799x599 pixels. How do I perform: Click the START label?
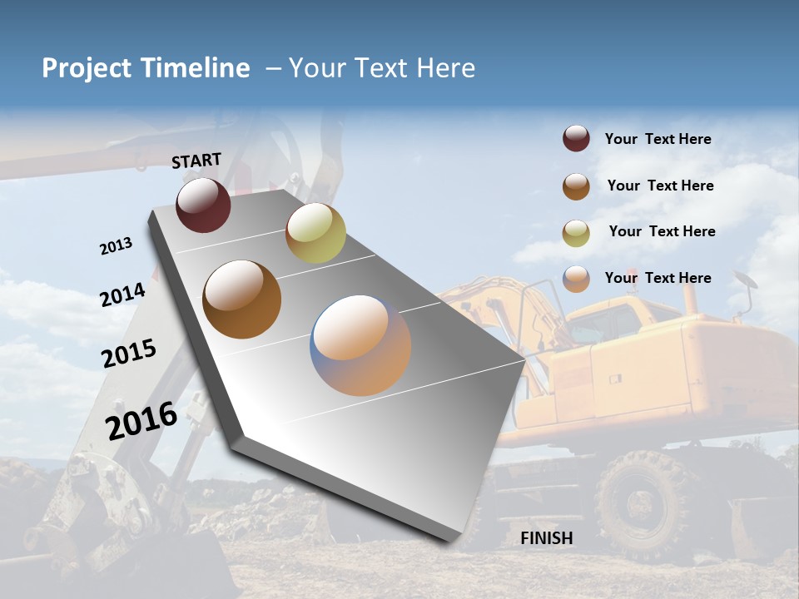pyautogui.click(x=196, y=161)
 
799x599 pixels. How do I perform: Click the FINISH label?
pyautogui.click(x=547, y=538)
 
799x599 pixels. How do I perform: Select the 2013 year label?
pyautogui.click(x=117, y=246)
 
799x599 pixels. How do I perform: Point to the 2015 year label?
pyautogui.click(x=129, y=354)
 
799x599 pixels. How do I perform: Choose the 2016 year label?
pyautogui.click(x=141, y=421)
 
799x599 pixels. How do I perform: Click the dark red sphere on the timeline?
pyautogui.click(x=203, y=205)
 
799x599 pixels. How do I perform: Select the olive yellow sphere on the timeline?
pyautogui.click(x=315, y=233)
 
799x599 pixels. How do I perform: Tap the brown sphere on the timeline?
pyautogui.click(x=242, y=299)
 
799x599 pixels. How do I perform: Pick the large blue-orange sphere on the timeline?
pyautogui.click(x=360, y=345)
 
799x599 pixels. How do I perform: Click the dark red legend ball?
pyautogui.click(x=576, y=139)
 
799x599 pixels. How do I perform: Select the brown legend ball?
pyautogui.click(x=576, y=186)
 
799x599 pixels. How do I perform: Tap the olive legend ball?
pyautogui.click(x=576, y=233)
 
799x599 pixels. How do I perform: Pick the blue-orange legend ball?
pyautogui.click(x=576, y=279)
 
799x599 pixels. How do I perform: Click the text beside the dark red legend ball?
pyautogui.click(x=658, y=140)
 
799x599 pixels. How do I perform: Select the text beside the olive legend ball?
pyautogui.click(x=662, y=231)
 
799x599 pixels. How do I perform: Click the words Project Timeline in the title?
pyautogui.click(x=146, y=68)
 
